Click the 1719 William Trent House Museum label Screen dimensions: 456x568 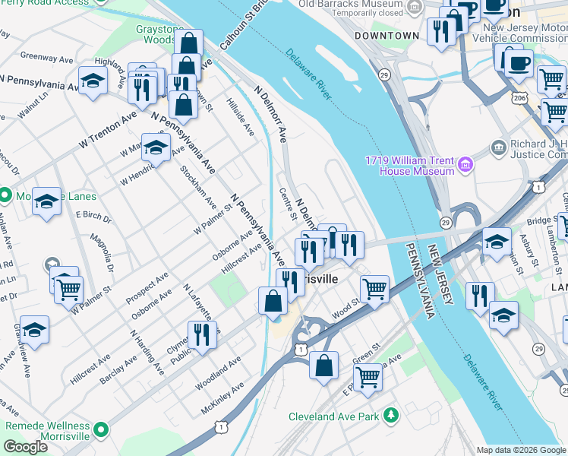[409, 166]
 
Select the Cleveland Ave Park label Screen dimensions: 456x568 [333, 416]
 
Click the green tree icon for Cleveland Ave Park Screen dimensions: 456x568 [390, 415]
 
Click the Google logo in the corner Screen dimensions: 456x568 [25, 447]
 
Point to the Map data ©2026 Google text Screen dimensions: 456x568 [520, 450]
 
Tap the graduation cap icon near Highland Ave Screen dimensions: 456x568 [93, 81]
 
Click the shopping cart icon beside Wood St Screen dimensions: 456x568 [375, 289]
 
